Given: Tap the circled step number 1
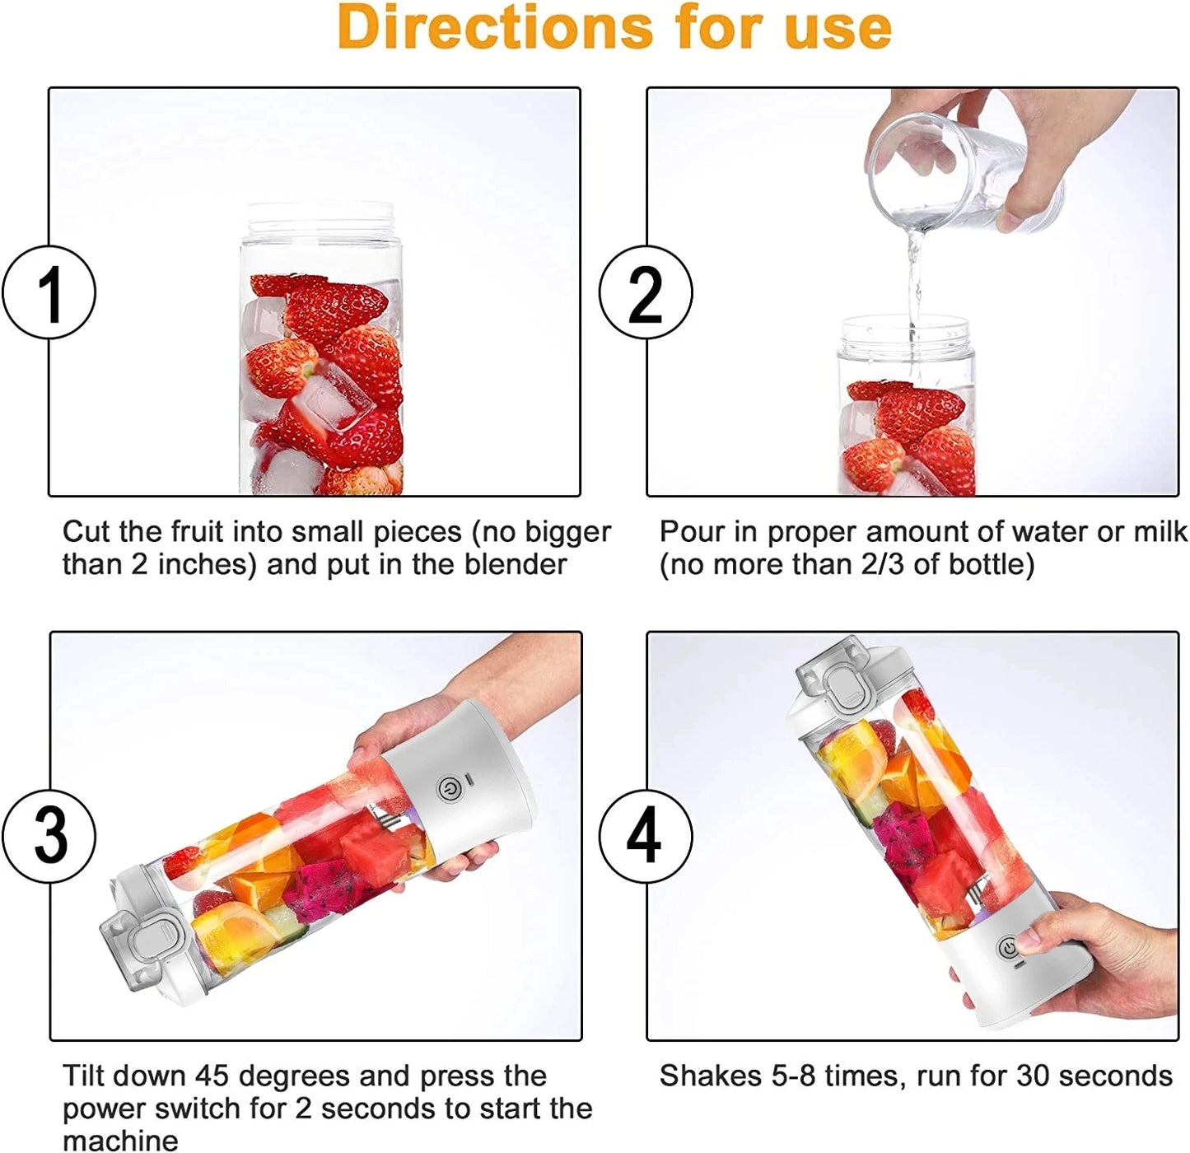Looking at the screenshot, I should point(49,292).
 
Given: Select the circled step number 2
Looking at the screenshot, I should point(645,292).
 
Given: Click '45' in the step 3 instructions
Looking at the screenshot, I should point(212,1076).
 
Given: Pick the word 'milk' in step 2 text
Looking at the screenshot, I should point(1160,532).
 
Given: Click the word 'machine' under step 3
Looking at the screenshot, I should point(120,1140).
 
